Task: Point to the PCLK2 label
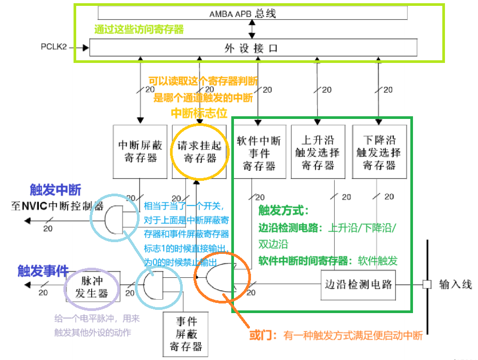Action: point(54,47)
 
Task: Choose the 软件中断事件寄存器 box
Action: point(259,152)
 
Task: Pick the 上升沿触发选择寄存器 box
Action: point(318,152)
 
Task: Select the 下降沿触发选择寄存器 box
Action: point(379,152)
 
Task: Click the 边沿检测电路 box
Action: point(358,284)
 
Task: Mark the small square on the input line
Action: point(427,284)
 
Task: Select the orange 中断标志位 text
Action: point(198,113)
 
